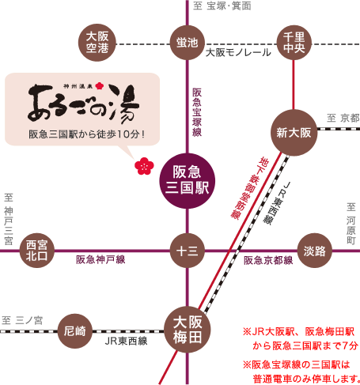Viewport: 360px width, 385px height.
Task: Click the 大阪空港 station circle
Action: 97,43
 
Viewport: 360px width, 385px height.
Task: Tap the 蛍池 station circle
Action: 188,43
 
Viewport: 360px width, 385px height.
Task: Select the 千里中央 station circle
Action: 294,43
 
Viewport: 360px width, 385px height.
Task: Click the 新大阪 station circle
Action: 294,133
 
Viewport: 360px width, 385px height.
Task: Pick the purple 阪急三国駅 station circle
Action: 188,181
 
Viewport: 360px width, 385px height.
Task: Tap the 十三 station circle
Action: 188,251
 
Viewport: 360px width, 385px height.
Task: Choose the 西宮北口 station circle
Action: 37,251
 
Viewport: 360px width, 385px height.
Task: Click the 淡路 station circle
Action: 314,251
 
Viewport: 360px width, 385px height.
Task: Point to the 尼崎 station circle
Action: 75,331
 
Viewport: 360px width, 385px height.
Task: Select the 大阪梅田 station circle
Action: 188,330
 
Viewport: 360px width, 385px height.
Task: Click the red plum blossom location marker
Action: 144,166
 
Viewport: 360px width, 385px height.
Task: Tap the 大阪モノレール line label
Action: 238,53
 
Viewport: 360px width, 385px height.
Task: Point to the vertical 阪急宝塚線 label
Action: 197,112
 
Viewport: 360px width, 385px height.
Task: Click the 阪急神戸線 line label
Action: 100,260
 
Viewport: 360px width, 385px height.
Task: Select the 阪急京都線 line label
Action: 268,260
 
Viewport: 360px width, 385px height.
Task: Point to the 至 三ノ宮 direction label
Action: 22,320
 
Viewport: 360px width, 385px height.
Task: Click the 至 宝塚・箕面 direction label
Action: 222,6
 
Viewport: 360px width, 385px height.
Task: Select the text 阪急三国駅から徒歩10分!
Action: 87,134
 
